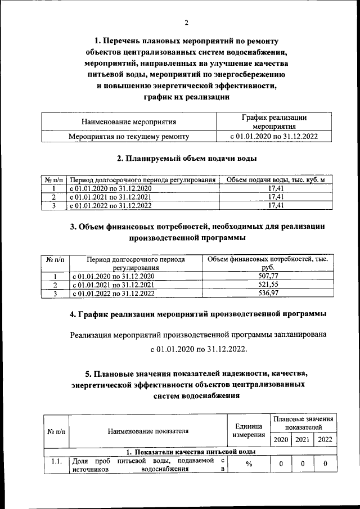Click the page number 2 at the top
(186, 22)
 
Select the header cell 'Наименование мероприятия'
(129, 121)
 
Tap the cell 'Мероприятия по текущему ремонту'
(129, 136)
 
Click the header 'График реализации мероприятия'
(274, 121)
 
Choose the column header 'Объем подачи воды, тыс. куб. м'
(276, 180)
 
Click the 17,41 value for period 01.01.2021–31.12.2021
(276, 197)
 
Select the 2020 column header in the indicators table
(280, 439)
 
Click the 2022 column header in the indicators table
(325, 439)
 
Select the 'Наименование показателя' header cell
(148, 431)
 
